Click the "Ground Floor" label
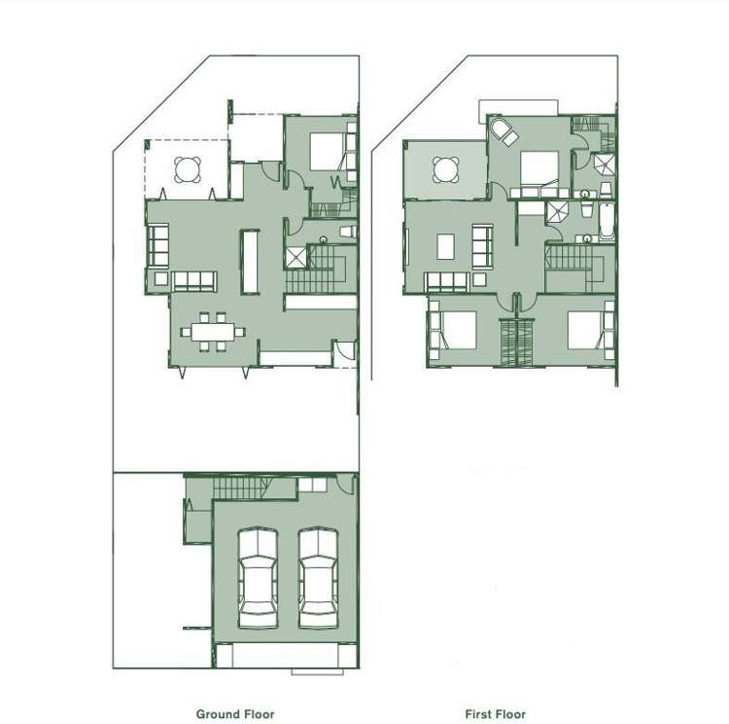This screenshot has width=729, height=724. click(x=235, y=713)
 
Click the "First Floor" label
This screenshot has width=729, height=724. click(x=495, y=713)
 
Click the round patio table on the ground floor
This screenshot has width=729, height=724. click(x=189, y=170)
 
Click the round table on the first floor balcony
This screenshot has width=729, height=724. click(x=446, y=170)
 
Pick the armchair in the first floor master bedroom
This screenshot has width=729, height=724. click(x=503, y=132)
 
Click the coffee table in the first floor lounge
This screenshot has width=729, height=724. click(x=445, y=247)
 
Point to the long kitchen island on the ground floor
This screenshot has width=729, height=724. click(x=251, y=260)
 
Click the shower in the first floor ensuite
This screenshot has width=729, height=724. click(x=606, y=163)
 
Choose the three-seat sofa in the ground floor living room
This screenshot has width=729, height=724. click(x=192, y=281)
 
